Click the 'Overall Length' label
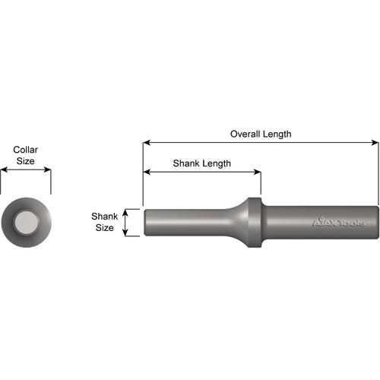pos(261,134)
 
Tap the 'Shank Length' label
pos(201,163)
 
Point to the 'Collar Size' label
pos(25,156)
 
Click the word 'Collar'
pos(25,150)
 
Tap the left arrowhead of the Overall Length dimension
pos(146,142)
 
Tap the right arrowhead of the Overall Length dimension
pos(375,142)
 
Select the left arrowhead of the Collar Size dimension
pos(3,170)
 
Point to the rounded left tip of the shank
pos(145,223)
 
